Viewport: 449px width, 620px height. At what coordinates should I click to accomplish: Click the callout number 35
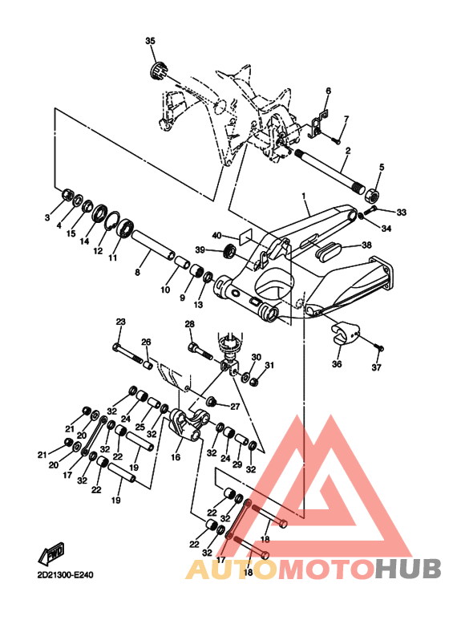tap(150, 41)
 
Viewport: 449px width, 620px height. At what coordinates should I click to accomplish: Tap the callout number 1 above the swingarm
tap(304, 196)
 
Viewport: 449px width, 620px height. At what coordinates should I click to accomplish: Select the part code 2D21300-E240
tap(66, 574)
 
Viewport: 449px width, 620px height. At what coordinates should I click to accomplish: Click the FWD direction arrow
tap(51, 553)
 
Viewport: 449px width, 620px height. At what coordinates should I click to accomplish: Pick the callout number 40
tap(216, 236)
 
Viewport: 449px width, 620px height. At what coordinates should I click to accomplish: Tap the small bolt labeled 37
tap(380, 348)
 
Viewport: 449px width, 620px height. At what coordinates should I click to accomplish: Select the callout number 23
tap(120, 322)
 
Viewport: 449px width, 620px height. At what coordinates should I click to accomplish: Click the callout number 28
tap(190, 324)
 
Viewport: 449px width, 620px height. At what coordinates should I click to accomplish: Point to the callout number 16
tap(176, 457)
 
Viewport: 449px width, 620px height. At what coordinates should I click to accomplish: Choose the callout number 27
tap(235, 406)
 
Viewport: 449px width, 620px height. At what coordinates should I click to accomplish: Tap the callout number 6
tap(329, 91)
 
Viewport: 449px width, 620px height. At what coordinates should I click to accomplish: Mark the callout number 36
tap(337, 364)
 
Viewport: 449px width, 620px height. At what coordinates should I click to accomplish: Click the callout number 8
tap(137, 272)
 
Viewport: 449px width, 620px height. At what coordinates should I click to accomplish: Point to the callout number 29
tap(237, 464)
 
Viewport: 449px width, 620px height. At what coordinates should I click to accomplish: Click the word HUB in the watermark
tap(408, 569)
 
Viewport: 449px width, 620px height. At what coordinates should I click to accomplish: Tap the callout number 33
tap(402, 213)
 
